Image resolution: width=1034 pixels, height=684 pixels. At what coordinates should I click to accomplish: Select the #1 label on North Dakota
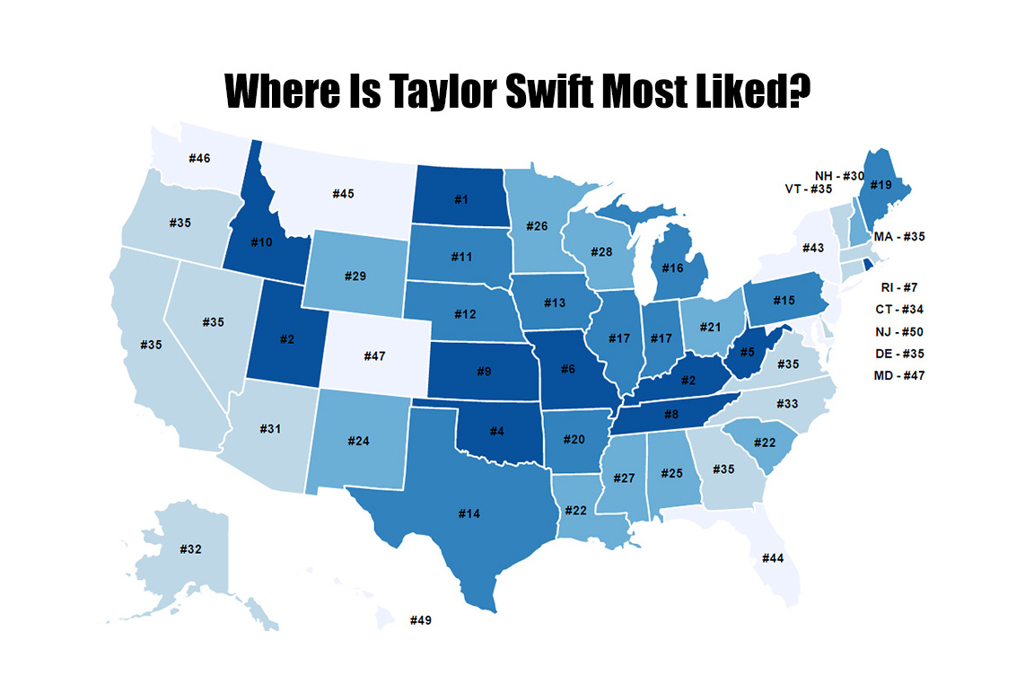[460, 198]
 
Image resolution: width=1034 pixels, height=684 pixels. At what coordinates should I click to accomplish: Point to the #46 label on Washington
[199, 158]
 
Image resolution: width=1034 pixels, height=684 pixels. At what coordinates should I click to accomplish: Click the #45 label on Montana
[344, 194]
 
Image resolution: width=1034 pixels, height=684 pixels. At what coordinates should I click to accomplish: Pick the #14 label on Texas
[469, 513]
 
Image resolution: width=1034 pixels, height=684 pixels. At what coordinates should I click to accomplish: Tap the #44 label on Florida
[773, 557]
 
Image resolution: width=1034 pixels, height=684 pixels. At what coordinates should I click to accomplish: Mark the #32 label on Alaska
[190, 548]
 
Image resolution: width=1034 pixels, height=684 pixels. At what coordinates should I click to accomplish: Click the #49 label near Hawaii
[421, 620]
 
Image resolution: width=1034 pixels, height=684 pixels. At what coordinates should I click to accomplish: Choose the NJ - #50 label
[898, 332]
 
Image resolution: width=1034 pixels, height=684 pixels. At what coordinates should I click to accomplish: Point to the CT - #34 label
[898, 310]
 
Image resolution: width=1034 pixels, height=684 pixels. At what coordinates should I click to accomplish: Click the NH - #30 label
[839, 176]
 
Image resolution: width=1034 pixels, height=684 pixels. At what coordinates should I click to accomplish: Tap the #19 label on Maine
[881, 185]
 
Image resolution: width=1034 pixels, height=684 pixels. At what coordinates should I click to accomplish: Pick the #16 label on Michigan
[675, 267]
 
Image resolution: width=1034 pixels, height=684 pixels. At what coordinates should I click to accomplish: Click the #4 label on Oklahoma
[495, 430]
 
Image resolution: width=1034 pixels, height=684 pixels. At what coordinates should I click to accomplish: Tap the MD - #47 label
[898, 375]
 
